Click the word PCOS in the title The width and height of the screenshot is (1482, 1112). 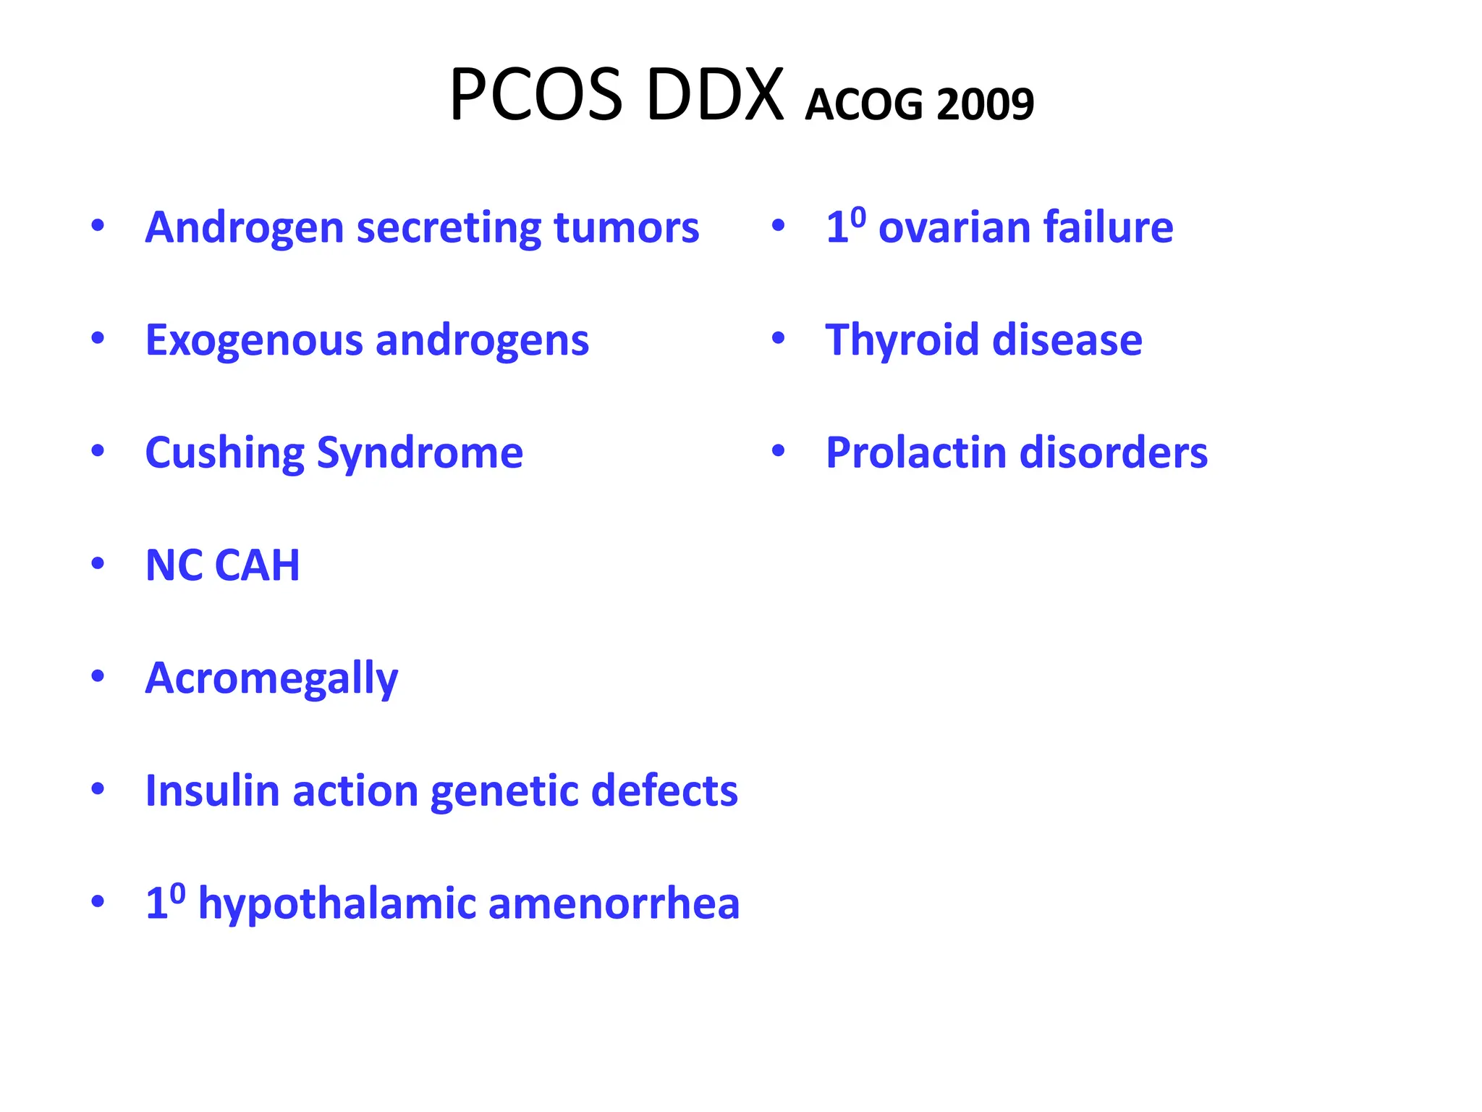pyautogui.click(x=535, y=96)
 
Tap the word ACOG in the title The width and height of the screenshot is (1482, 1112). pyautogui.click(x=864, y=105)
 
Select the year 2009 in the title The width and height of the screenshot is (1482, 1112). pyautogui.click(x=985, y=105)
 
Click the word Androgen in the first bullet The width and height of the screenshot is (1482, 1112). pyautogui.click(x=245, y=229)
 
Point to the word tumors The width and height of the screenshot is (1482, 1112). pyautogui.click(x=627, y=227)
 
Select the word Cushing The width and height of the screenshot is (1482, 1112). pyautogui.click(x=224, y=454)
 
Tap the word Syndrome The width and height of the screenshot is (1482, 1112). pyautogui.click(x=420, y=454)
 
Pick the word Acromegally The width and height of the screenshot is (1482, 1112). pyautogui.click(x=271, y=679)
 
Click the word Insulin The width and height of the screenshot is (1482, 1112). pyautogui.click(x=212, y=791)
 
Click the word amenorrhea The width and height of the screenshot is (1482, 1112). pyautogui.click(x=614, y=903)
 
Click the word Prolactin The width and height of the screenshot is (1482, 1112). pyautogui.click(x=915, y=453)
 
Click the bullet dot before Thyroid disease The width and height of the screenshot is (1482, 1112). pyautogui.click(x=778, y=338)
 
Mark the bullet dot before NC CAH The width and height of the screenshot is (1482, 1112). pyautogui.click(x=98, y=563)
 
